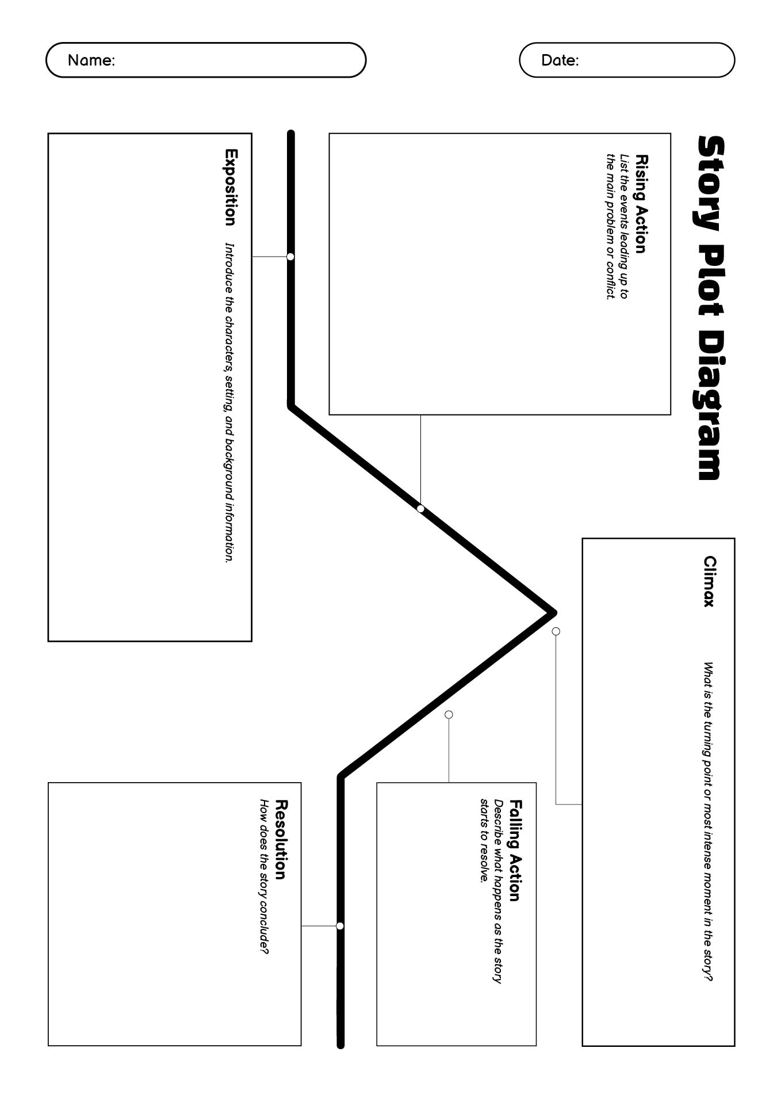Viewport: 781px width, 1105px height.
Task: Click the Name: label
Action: click(x=91, y=60)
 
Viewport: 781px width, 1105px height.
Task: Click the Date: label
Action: click(x=560, y=60)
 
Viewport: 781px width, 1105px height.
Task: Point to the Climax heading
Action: click(x=710, y=581)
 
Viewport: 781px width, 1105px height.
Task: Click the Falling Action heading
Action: click(x=515, y=851)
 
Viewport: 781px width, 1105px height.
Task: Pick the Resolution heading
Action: click(x=281, y=840)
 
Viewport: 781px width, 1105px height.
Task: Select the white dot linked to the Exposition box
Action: click(x=290, y=257)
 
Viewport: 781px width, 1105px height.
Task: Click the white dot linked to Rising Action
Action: click(x=420, y=509)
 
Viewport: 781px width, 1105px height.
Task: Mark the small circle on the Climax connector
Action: click(x=556, y=631)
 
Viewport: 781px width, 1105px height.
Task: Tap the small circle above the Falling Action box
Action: click(x=449, y=714)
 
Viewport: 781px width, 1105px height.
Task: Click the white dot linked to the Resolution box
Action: click(x=340, y=926)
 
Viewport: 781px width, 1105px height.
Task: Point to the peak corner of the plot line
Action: click(x=553, y=612)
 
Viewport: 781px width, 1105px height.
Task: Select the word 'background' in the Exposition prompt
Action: click(x=229, y=469)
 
